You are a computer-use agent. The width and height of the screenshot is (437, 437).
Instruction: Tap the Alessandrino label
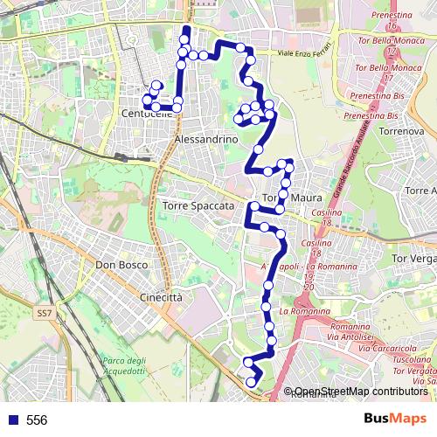coord(206,140)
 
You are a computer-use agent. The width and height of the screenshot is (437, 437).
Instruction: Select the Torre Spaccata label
coord(198,205)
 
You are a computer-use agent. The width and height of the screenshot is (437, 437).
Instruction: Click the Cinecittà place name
coord(161,297)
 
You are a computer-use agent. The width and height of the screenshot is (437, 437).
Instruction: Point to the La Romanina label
coord(305,311)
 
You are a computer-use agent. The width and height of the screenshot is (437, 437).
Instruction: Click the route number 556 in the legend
coord(37,420)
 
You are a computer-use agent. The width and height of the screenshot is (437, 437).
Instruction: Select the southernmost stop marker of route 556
coord(252,406)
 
